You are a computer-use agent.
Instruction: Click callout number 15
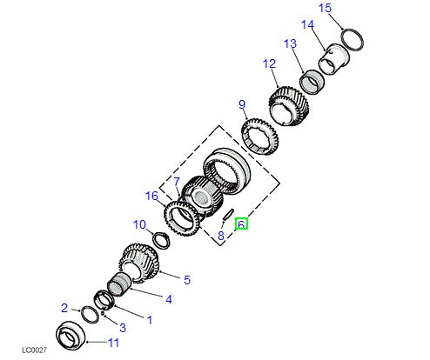click(325, 9)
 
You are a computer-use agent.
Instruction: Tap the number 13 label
click(289, 43)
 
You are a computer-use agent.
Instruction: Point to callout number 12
click(269, 63)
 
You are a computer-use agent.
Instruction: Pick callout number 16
click(153, 197)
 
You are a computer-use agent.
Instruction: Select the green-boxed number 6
click(242, 224)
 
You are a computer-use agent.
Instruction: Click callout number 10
click(139, 225)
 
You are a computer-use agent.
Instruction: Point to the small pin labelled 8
click(226, 214)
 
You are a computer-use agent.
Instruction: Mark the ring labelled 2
click(90, 313)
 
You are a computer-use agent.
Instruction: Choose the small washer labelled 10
click(160, 238)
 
